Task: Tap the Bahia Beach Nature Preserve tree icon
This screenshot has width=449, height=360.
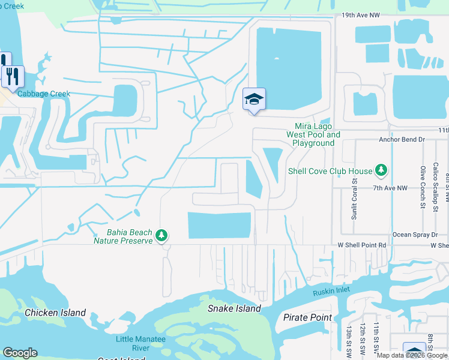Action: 161,235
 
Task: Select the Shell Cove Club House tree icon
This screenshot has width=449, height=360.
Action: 381,171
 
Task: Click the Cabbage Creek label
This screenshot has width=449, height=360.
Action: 44,94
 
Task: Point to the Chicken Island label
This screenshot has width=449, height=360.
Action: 55,313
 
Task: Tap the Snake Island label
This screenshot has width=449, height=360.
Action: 234,308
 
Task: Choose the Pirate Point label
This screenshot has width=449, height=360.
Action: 307,317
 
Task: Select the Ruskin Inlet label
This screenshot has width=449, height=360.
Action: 331,292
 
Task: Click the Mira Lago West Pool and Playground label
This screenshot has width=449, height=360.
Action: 317,135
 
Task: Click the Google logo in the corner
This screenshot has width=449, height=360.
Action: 20,353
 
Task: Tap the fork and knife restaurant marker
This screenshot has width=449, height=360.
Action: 12,76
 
